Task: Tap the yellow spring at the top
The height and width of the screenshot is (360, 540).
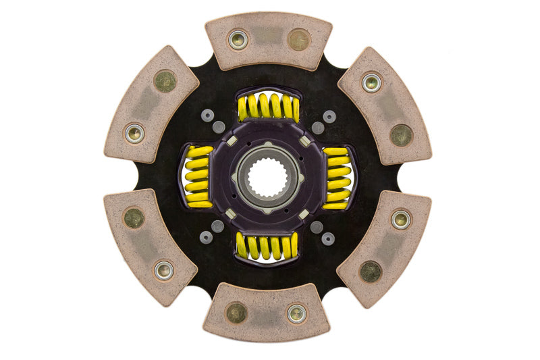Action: (x=268, y=107)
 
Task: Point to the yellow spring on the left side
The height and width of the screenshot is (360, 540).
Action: (x=198, y=177)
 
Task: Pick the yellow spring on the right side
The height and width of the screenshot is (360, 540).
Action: (x=337, y=177)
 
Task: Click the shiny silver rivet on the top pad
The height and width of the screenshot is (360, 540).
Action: (x=238, y=39)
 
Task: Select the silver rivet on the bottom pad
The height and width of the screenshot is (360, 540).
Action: (x=296, y=313)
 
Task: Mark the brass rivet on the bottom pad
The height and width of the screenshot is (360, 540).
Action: (x=236, y=312)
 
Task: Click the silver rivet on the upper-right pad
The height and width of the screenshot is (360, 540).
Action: (x=371, y=82)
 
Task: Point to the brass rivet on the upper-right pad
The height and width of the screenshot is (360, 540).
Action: (x=401, y=134)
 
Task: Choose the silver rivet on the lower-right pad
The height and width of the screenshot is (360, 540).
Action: (x=400, y=219)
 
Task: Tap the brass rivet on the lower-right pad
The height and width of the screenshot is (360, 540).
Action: (x=371, y=271)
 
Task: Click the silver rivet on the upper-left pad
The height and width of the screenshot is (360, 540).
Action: (x=134, y=133)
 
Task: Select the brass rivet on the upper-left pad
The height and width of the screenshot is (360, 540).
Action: (x=165, y=81)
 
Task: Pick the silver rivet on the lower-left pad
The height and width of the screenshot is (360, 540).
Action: (x=163, y=270)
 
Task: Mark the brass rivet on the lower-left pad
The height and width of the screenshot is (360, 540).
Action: (x=134, y=217)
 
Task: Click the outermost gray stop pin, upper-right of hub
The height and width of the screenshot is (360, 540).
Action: (x=329, y=116)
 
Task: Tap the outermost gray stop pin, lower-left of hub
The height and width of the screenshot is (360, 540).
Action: (x=207, y=237)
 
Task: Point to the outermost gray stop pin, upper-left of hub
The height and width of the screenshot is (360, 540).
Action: (x=207, y=116)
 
